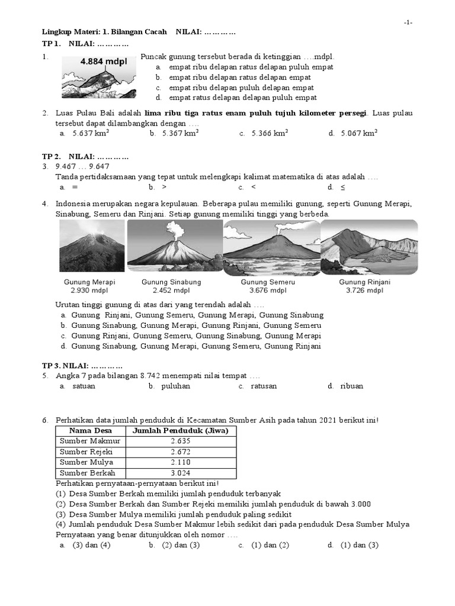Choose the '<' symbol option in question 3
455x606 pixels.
pyautogui.click(x=254, y=188)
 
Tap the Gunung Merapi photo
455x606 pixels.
pyautogui.click(x=92, y=245)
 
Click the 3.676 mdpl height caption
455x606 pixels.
pyautogui.click(x=267, y=291)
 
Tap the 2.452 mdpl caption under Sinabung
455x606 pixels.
pyautogui.click(x=171, y=291)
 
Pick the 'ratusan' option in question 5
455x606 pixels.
pyautogui.click(x=264, y=386)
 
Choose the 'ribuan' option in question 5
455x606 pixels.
pyautogui.click(x=352, y=386)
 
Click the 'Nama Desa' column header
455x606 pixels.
pyautogui.click(x=90, y=431)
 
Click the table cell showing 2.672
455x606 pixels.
pyautogui.click(x=180, y=452)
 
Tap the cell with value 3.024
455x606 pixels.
pyautogui.click(x=180, y=473)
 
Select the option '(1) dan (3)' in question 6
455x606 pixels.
pyautogui.click(x=359, y=545)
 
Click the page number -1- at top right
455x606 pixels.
pyautogui.click(x=408, y=22)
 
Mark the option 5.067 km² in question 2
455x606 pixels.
pyautogui.click(x=358, y=134)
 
